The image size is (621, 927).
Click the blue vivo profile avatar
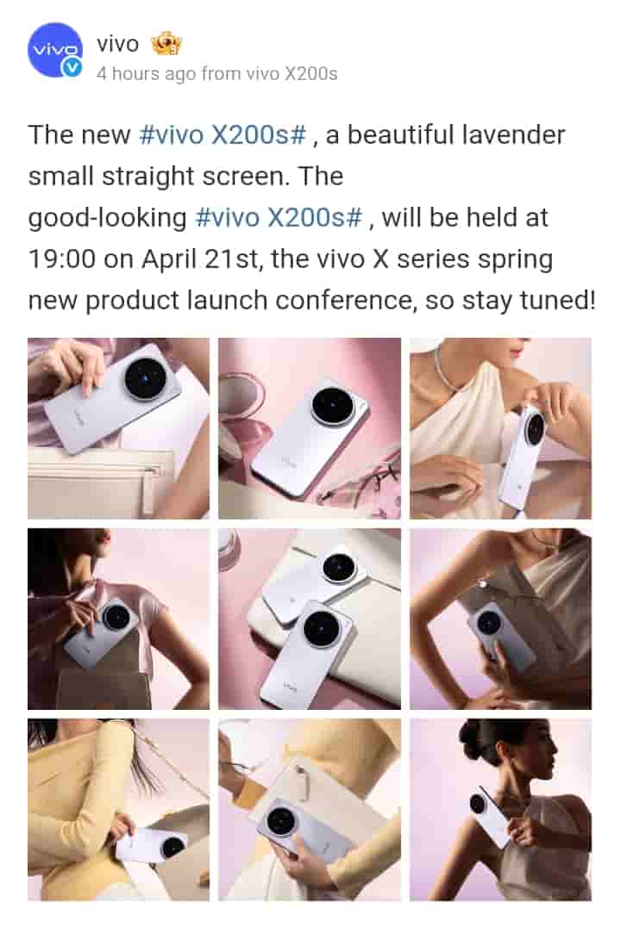55,50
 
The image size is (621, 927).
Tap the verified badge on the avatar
72,67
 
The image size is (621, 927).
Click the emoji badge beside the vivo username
166,43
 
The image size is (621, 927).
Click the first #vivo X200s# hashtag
223,134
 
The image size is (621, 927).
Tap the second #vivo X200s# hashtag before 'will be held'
279,218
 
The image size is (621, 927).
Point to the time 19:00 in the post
62,259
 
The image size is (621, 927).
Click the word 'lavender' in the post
513,134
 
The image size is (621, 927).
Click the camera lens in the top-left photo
145,377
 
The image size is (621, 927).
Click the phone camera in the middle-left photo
116,618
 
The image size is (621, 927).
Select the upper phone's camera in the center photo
339,569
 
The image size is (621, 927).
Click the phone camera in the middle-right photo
490,623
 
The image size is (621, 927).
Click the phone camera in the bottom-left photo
172,847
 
